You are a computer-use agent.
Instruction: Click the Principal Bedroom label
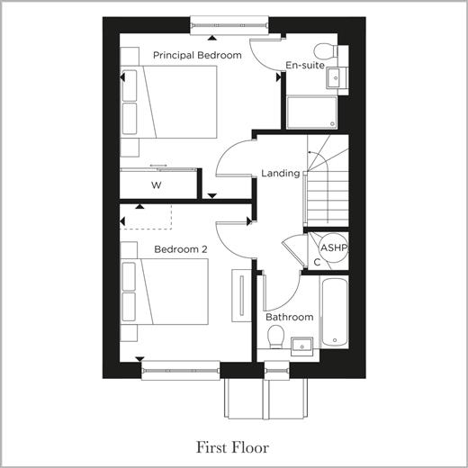coord(197,56)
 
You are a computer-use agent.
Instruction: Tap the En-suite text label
coord(305,66)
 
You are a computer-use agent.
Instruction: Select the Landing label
coord(281,174)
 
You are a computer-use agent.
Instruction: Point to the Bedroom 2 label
coord(181,249)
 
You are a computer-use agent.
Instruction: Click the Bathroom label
coord(290,317)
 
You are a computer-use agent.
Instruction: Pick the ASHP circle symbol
coord(334,247)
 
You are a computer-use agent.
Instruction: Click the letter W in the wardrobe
coord(157,185)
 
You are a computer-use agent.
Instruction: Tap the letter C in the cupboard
coord(317,263)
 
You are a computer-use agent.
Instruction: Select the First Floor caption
coord(232,447)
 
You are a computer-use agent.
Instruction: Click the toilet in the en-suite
coord(327,51)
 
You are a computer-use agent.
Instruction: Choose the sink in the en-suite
coord(336,78)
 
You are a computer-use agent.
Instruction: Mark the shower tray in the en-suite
coord(312,112)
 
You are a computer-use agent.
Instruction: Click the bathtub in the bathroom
coord(335,312)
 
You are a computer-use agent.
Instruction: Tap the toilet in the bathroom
coord(276,337)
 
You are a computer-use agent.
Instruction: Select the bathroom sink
coord(301,346)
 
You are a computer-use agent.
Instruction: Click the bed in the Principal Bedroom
coord(168,102)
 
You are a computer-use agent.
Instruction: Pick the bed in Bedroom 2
coord(165,292)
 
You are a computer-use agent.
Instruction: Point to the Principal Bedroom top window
coord(229,25)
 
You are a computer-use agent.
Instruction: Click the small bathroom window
coord(276,371)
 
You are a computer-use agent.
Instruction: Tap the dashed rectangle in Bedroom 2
coord(146,217)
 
